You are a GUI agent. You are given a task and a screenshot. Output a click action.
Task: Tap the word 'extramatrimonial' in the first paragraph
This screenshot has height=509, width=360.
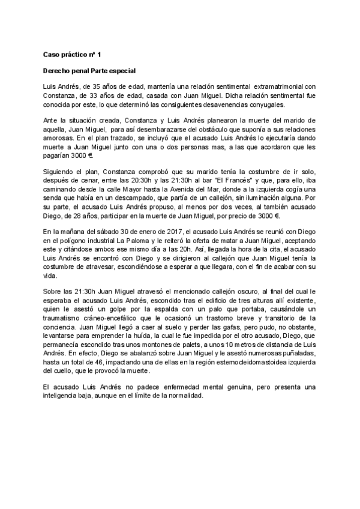[276, 87]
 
